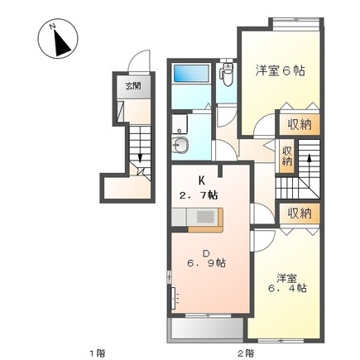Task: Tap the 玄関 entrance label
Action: point(132,86)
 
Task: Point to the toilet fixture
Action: point(227,77)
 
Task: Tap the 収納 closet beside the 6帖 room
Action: point(295,124)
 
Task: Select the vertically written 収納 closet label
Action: point(286,156)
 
